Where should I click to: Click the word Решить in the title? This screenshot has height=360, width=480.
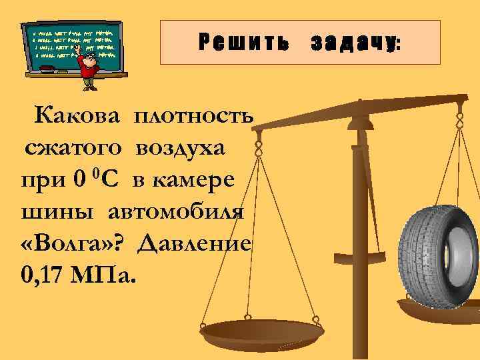(x=243, y=43)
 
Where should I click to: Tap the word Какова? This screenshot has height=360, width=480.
(x=78, y=117)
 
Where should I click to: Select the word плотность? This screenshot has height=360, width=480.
(x=193, y=117)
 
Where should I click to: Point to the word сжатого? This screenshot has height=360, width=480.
(x=73, y=149)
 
